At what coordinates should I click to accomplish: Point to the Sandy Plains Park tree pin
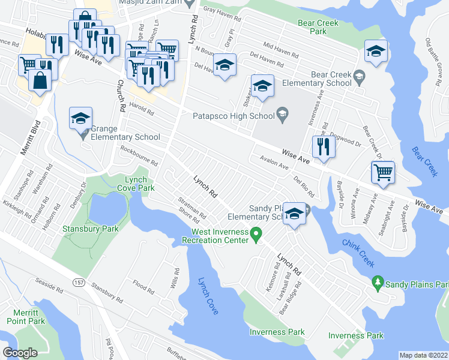point(377,281)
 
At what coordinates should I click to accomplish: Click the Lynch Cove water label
point(208,296)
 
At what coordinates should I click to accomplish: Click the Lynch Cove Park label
point(139,184)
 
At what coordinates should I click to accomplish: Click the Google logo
point(20,353)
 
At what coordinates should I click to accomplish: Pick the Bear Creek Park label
point(318,27)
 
